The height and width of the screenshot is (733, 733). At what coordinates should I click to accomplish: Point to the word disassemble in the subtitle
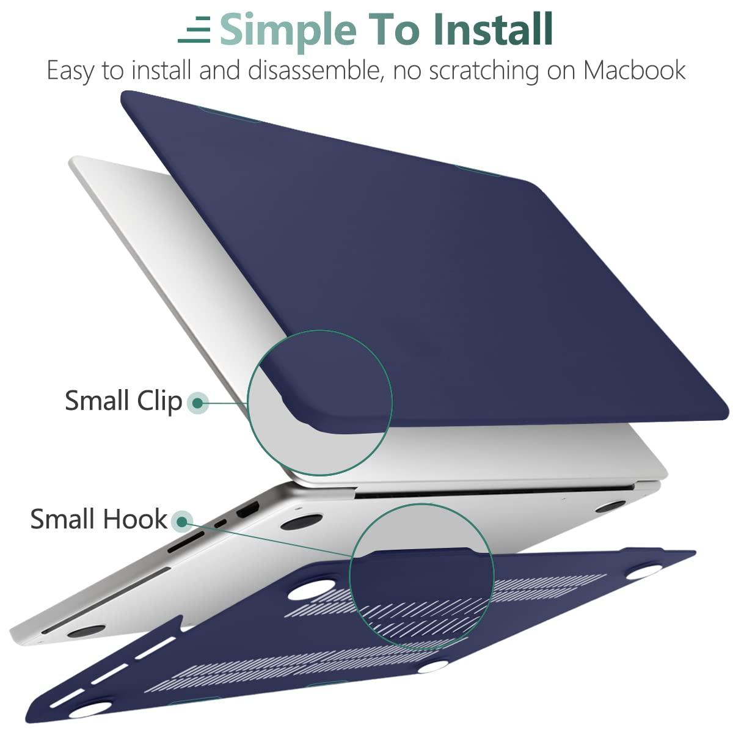pyautogui.click(x=316, y=70)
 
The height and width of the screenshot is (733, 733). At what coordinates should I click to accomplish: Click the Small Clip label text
pyautogui.click(x=123, y=401)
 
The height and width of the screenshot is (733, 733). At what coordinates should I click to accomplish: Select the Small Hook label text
pyautogui.click(x=98, y=519)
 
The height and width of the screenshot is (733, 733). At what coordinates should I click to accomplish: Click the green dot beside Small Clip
pyautogui.click(x=197, y=403)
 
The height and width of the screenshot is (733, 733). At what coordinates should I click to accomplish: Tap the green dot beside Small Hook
pyautogui.click(x=181, y=521)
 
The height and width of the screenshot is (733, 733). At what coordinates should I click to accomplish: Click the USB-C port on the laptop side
pyautogui.click(x=221, y=523)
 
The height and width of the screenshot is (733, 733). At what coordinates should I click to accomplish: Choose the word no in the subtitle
pyautogui.click(x=407, y=71)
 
